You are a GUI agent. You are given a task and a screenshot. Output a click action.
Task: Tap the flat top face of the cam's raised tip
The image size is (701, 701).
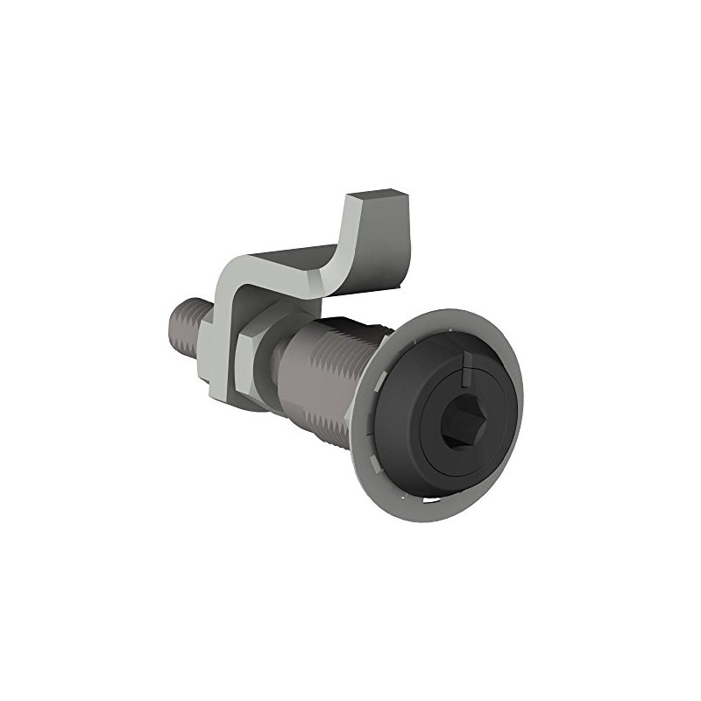point(376,195)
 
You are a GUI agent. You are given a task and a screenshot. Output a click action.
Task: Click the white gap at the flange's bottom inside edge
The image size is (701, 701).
point(429,499)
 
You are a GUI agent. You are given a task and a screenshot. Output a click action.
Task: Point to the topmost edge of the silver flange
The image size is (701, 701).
point(456,312)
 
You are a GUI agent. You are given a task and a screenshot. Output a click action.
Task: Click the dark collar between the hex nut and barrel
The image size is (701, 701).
point(279,359)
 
